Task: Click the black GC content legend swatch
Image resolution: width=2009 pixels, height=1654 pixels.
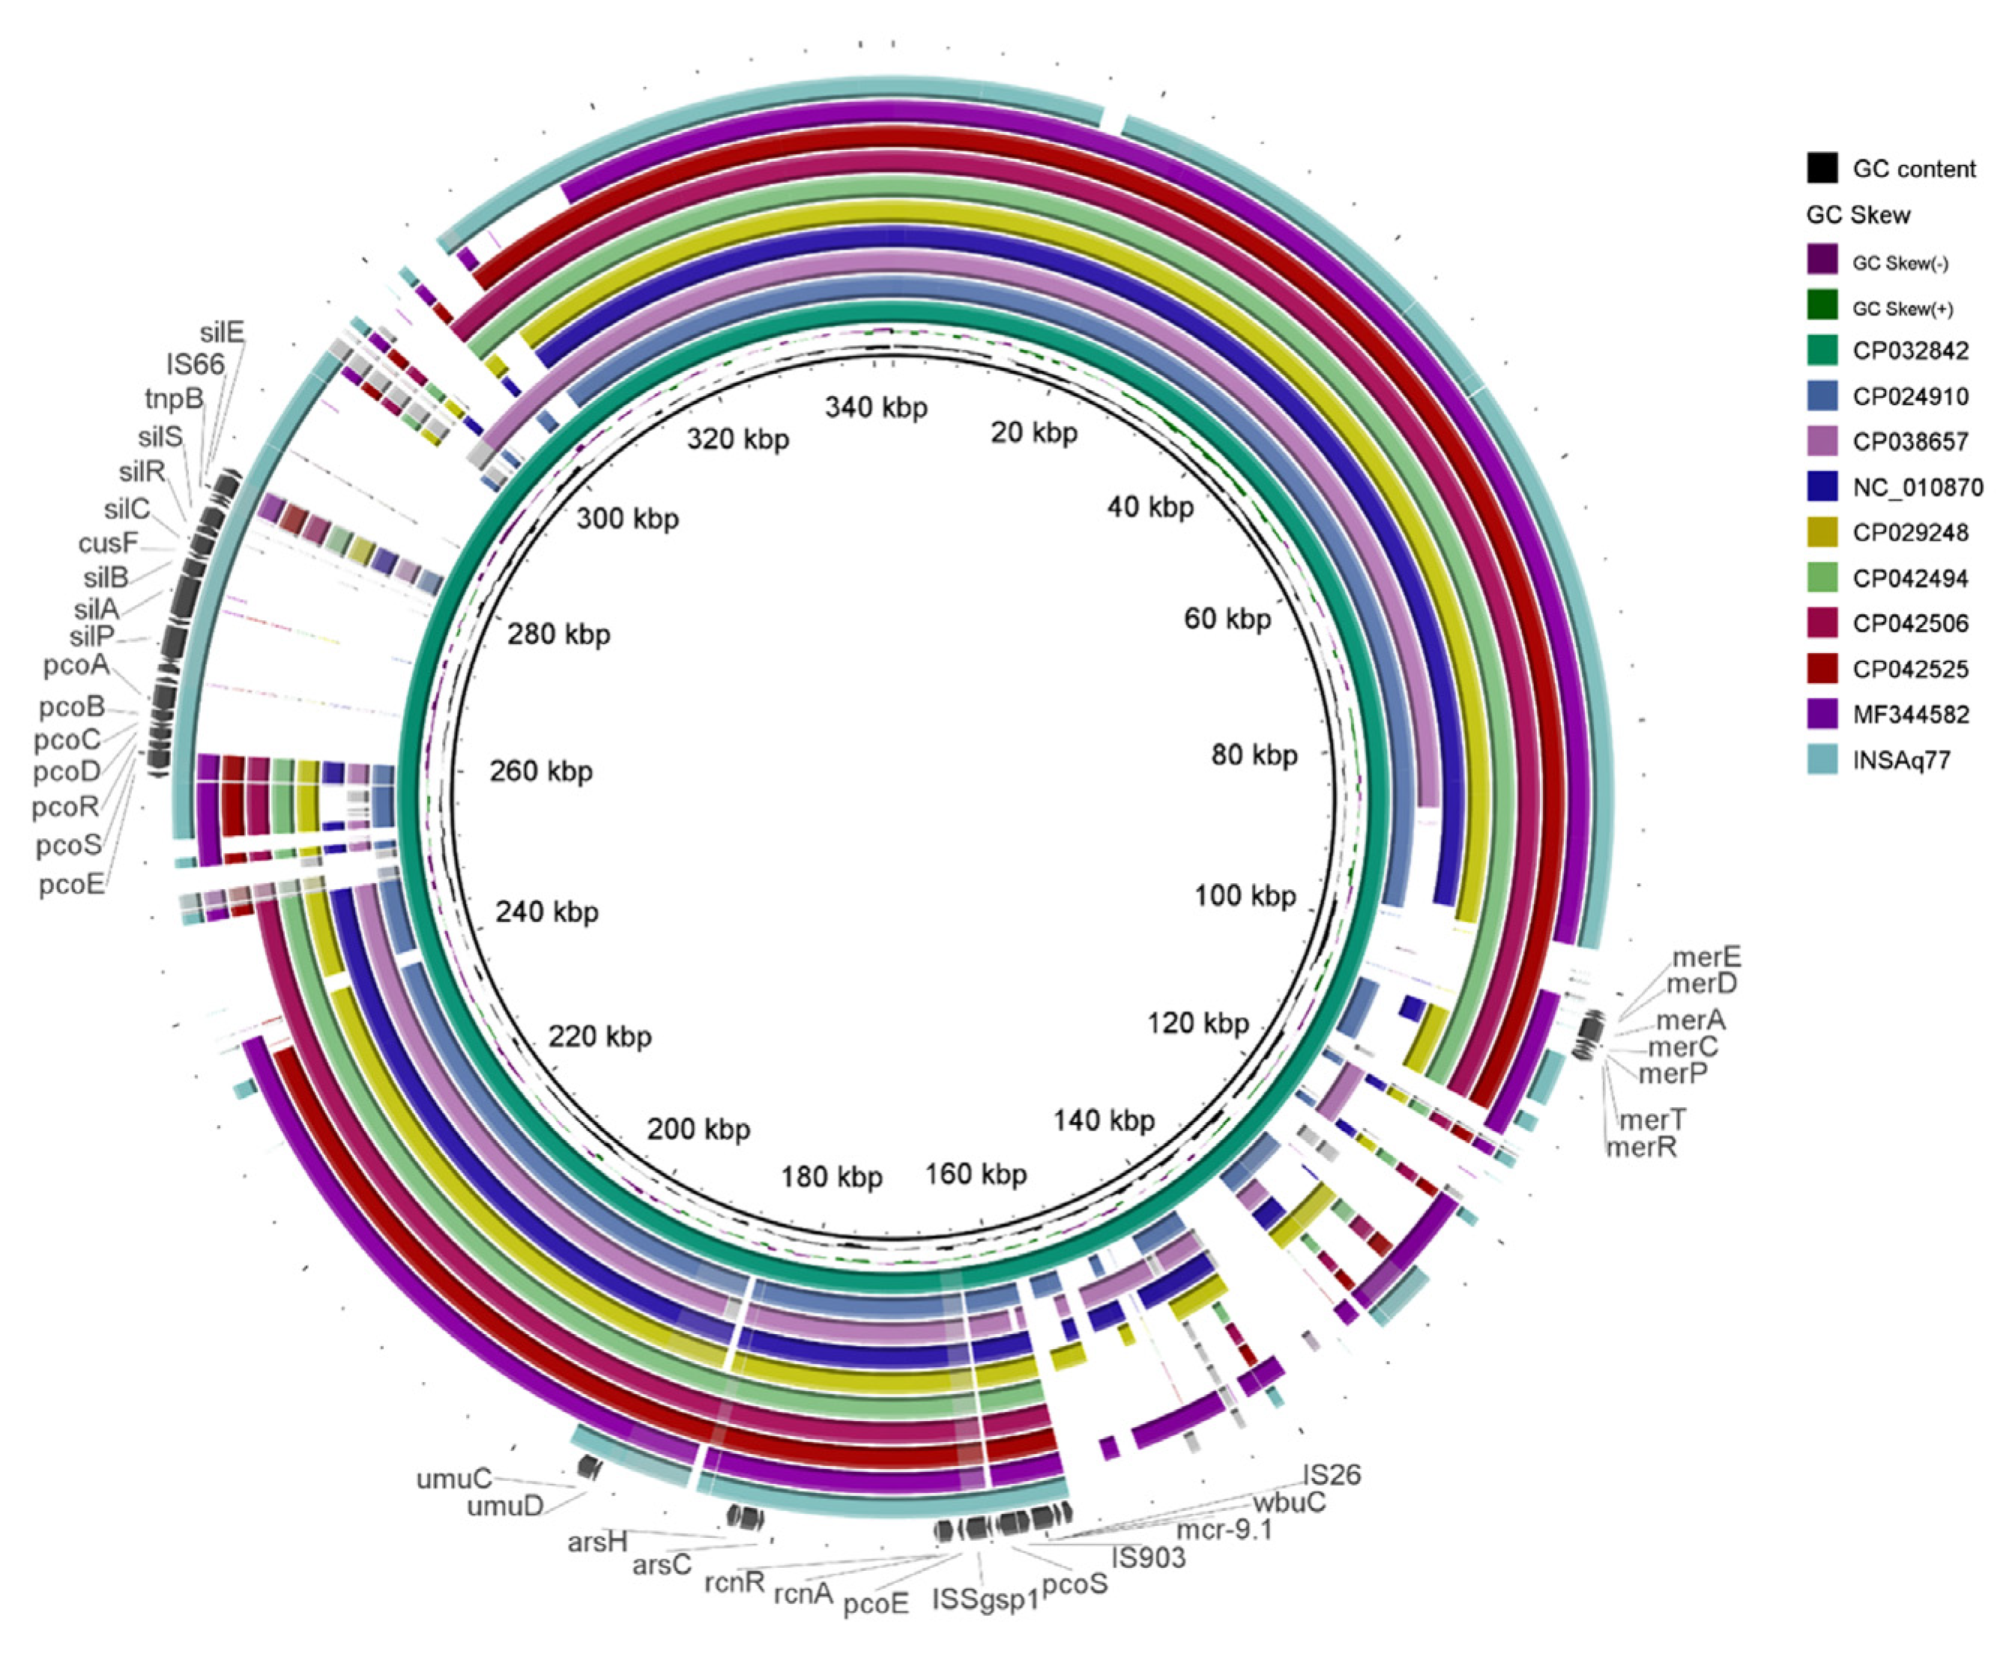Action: (1821, 168)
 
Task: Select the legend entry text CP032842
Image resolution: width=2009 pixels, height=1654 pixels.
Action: (1910, 351)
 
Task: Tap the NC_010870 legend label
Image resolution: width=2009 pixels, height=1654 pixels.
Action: (1918, 488)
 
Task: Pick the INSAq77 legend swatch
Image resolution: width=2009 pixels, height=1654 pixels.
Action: (1821, 760)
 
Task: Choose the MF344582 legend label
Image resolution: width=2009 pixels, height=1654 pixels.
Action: (1910, 715)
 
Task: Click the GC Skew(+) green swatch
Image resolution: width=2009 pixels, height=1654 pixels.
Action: (1821, 307)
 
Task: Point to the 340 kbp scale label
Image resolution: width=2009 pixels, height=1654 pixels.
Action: (876, 408)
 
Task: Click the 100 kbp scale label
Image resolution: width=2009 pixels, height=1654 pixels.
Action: (1245, 896)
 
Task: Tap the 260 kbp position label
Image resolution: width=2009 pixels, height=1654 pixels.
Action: (540, 771)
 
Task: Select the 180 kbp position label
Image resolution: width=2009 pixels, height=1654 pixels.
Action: (831, 1178)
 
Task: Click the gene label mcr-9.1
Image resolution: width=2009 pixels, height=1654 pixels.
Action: (1224, 1530)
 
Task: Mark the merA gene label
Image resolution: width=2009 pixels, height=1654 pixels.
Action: (1690, 1020)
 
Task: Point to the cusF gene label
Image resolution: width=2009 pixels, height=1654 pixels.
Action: (109, 543)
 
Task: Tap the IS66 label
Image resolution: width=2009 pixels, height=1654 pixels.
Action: (196, 364)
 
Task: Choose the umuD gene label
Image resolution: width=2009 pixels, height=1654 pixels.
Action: (504, 1506)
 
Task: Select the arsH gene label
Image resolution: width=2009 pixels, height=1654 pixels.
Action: (596, 1542)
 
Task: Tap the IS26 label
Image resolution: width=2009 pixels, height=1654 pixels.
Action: (1332, 1475)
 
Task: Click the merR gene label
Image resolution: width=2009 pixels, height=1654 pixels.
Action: (1641, 1146)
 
